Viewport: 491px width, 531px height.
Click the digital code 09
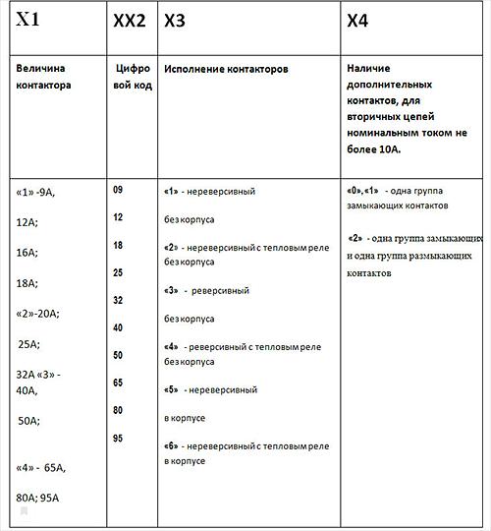tap(118, 189)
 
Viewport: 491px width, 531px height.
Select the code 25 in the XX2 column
tap(118, 271)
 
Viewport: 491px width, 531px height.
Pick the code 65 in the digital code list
tap(118, 382)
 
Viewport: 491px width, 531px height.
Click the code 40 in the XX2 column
tap(118, 326)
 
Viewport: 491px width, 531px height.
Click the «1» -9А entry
tap(36, 192)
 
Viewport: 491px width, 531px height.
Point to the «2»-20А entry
tap(38, 314)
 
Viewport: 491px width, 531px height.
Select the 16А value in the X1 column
tap(27, 253)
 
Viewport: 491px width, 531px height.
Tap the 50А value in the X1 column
tap(28, 421)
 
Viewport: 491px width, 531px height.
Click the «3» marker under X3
tap(171, 291)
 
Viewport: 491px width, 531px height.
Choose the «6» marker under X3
tap(171, 446)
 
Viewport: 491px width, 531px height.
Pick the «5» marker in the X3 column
tap(171, 390)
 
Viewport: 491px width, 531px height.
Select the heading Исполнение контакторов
tap(226, 72)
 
